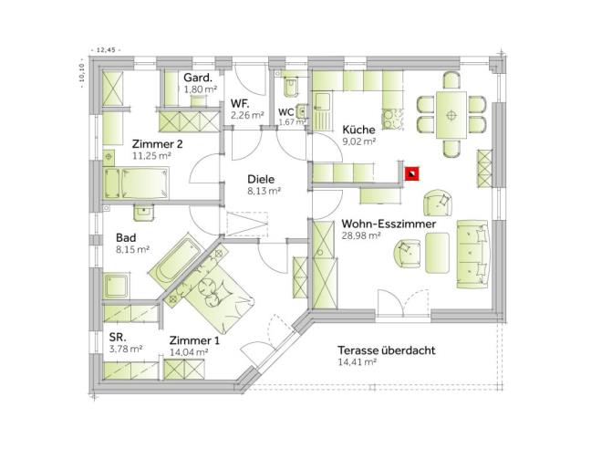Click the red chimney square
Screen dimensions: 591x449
click(x=411, y=173)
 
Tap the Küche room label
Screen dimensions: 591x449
click(x=358, y=130)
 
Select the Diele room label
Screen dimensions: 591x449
click(x=261, y=179)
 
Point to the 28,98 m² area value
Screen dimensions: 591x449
click(x=360, y=235)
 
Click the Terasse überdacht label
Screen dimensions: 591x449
click(x=387, y=350)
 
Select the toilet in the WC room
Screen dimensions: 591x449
click(x=291, y=87)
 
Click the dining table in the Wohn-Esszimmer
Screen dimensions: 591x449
click(x=451, y=115)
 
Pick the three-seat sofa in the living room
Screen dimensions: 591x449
click(x=473, y=255)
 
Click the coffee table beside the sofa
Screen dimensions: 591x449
click(x=437, y=253)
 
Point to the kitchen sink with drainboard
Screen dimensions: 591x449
click(x=323, y=110)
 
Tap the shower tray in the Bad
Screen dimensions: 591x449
click(x=116, y=286)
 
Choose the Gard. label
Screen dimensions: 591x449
click(x=198, y=78)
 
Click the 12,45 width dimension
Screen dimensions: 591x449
click(x=105, y=50)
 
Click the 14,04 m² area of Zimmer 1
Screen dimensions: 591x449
click(x=189, y=352)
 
